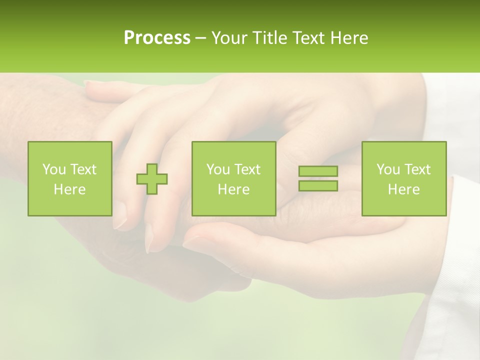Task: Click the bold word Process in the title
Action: pos(157,37)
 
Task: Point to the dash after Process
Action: pos(201,38)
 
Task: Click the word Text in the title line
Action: pos(310,37)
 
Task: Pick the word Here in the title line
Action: pos(349,37)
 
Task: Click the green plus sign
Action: pos(152,179)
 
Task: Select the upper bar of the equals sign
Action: pos(318,171)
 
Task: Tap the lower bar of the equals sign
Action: pos(318,185)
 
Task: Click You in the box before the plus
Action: pos(53,169)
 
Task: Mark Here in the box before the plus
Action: pos(69,189)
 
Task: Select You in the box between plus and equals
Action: pos(217,169)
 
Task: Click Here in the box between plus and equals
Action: pos(233,189)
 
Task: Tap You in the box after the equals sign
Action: pos(387,169)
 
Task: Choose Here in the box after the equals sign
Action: pos(403,189)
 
